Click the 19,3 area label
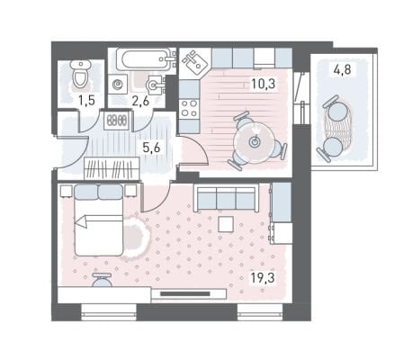[x=263, y=278]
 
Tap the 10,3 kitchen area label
[x=263, y=85]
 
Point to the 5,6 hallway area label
[x=151, y=148]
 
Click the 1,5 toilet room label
[x=86, y=101]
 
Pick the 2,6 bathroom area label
[x=140, y=101]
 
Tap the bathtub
[x=146, y=59]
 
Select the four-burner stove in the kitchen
[x=190, y=109]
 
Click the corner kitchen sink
[x=195, y=62]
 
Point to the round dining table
[x=255, y=142]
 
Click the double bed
[x=98, y=220]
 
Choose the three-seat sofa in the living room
[x=226, y=198]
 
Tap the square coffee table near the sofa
[x=226, y=224]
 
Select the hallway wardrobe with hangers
[x=112, y=168]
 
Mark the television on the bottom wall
[x=185, y=294]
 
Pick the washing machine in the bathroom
[x=117, y=85]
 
